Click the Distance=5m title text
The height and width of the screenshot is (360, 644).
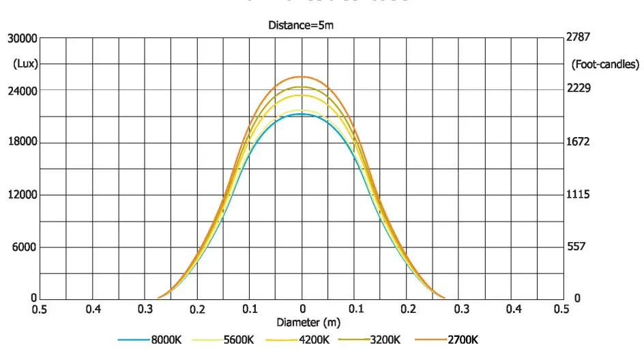point(301,25)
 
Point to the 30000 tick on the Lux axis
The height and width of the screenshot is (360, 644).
point(23,39)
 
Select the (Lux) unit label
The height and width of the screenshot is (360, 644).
point(25,64)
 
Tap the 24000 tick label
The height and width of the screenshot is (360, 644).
point(23,90)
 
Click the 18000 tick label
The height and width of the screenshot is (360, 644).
point(23,142)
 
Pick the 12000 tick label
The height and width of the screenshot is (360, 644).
point(23,195)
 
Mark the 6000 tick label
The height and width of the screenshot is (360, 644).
point(25,247)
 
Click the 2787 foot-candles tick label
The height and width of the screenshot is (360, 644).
point(579,37)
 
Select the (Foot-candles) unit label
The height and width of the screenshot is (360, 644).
point(604,64)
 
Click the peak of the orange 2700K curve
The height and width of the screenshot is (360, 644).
point(302,76)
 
